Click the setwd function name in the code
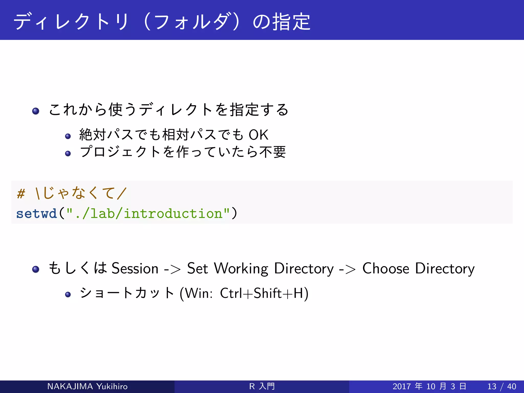36,213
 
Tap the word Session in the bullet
135,268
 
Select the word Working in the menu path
241,268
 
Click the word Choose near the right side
386,268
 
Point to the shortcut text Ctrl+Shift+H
264,293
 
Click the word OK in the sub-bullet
258,135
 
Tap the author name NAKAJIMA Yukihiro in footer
87,386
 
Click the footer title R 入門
262,386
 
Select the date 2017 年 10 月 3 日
429,386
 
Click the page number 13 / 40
501,386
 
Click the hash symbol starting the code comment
21,193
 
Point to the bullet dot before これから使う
36,111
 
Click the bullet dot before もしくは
36,269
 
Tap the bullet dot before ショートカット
68,294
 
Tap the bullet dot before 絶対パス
68,136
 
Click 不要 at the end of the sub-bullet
272,152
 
